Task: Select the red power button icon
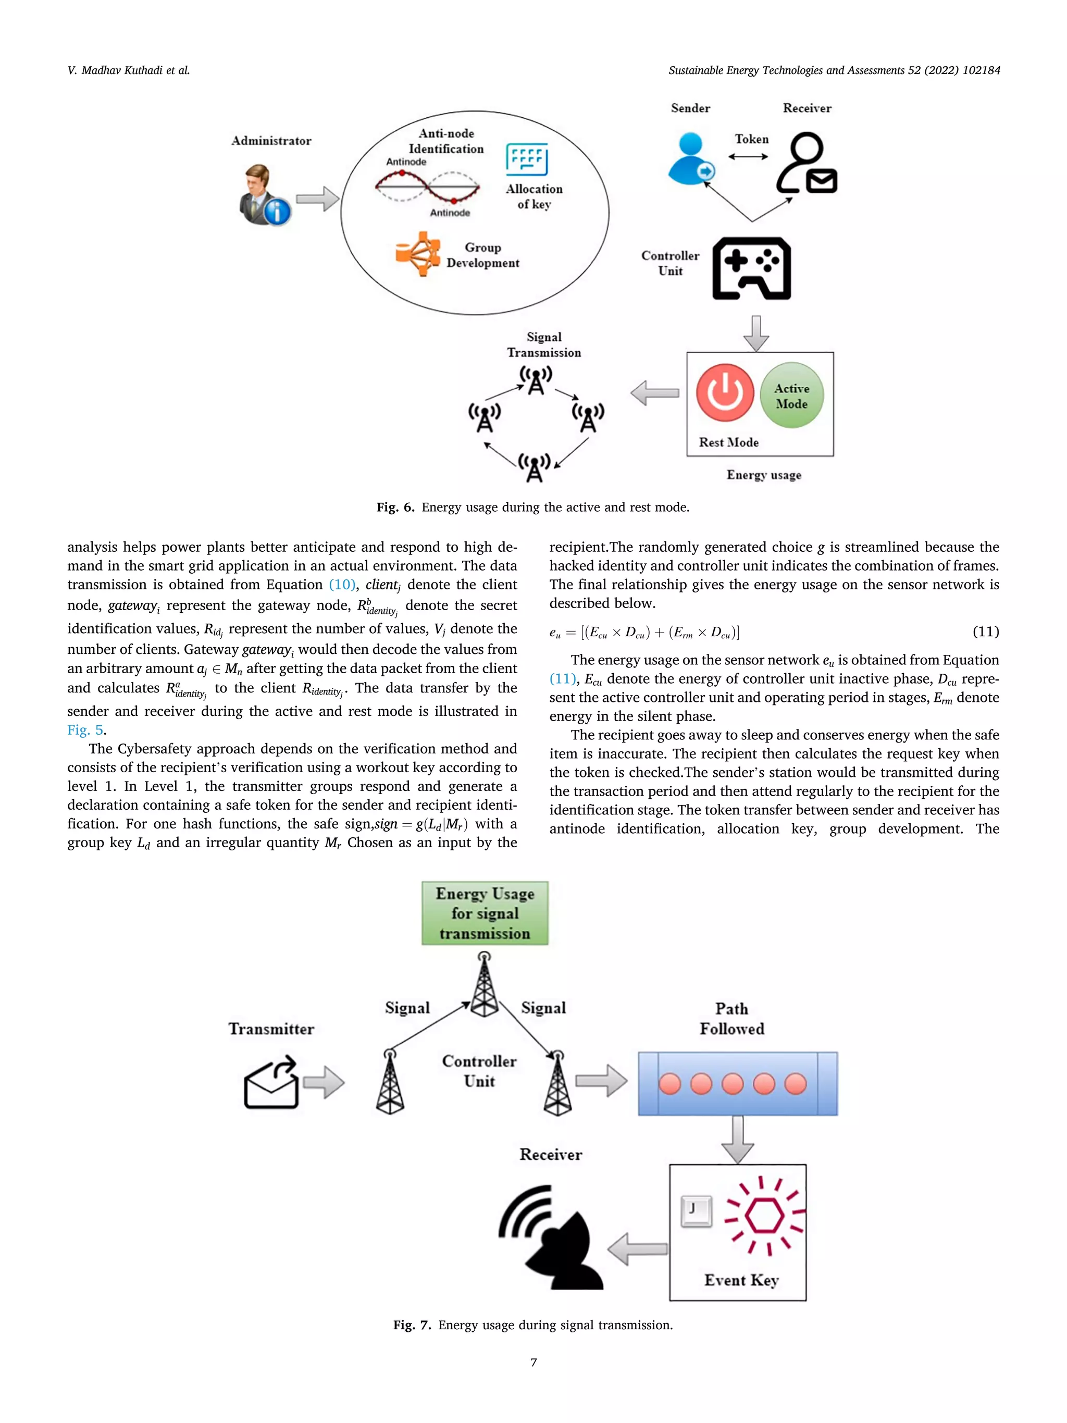tap(725, 392)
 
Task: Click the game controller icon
tap(751, 268)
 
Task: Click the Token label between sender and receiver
tap(751, 139)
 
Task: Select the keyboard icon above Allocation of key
tap(527, 159)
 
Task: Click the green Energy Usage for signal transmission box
tap(485, 913)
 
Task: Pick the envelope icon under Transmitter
tap(271, 1083)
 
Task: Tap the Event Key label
tap(741, 1280)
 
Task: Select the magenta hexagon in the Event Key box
tap(764, 1215)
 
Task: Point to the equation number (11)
tap(985, 632)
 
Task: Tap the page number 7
tap(533, 1362)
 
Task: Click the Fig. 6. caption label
tap(395, 507)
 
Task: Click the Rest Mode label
tap(729, 442)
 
